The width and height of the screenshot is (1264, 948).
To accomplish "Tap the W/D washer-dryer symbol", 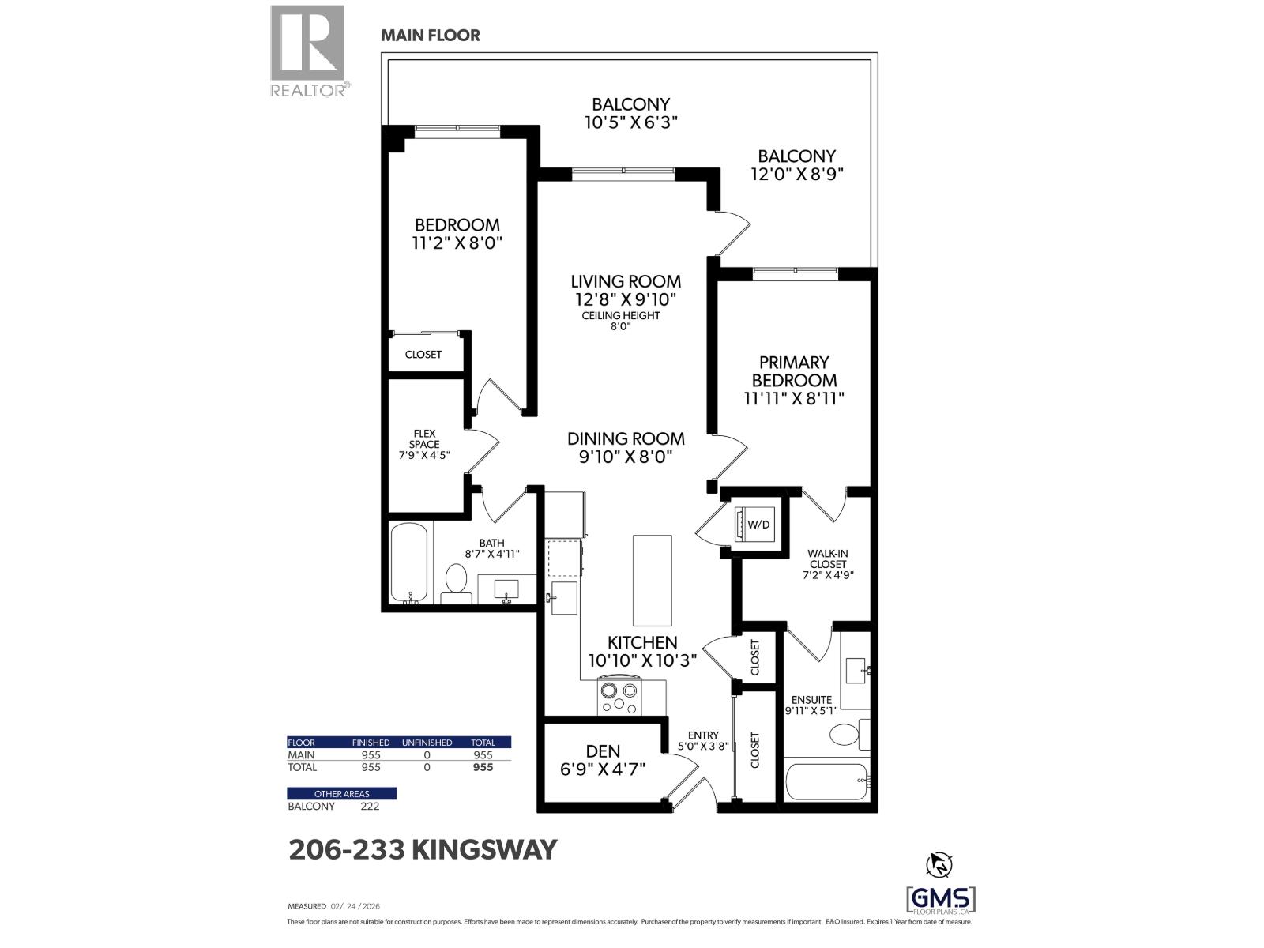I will coord(757,524).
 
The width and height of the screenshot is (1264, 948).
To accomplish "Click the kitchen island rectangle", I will coord(652,581).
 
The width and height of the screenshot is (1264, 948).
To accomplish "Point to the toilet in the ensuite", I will coord(845,734).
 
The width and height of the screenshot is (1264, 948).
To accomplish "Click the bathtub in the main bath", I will coord(409,563).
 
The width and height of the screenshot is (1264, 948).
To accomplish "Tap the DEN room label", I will coord(603,751).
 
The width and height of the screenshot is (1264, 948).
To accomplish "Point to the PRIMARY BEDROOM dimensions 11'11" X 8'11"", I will coord(794,399).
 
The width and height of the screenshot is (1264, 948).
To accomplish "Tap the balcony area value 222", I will coord(370,807).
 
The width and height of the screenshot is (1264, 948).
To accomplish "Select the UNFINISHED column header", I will coord(427,743).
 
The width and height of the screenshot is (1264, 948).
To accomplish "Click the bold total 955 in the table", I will coord(482,767).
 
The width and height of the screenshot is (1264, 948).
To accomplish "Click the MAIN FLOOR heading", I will coord(430,36).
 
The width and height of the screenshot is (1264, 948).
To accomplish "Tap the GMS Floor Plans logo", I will coord(940,899).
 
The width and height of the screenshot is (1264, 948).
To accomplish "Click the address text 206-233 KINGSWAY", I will coord(423,850).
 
